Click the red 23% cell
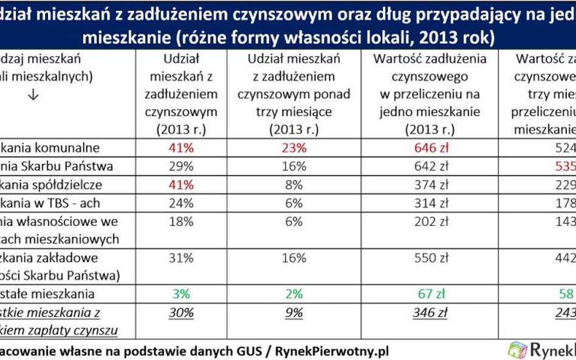tap(293, 148)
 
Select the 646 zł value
tap(430, 148)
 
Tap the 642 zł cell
tap(430, 166)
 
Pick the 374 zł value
tap(430, 185)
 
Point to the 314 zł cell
tap(430, 203)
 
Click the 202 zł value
tap(430, 222)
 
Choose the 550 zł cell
tap(430, 257)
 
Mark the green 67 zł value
tap(430, 294)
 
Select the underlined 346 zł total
tap(430, 313)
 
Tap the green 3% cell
tap(181, 294)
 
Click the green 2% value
tap(293, 294)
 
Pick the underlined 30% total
tap(181, 313)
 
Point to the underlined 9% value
tap(293, 313)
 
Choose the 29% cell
tap(181, 166)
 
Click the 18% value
tap(181, 222)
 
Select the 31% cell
tap(181, 257)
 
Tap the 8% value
tap(293, 185)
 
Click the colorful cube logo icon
tap(518, 350)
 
